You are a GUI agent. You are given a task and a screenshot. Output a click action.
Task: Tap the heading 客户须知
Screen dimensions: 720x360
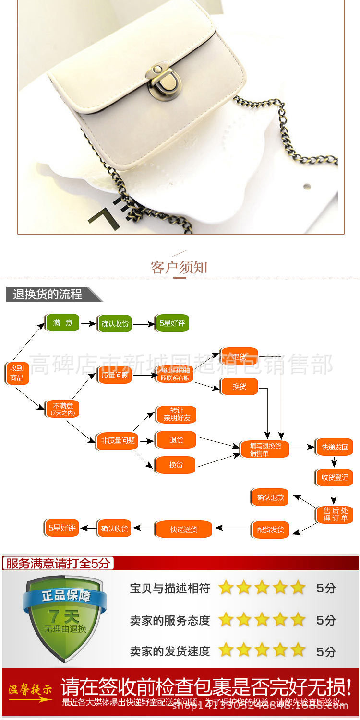coord(179,267)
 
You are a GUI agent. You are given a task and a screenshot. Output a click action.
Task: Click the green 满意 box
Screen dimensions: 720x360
coord(62,323)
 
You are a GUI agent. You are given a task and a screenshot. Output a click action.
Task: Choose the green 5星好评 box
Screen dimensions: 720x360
coord(172,323)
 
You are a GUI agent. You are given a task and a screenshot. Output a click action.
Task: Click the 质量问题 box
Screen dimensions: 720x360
coord(115,375)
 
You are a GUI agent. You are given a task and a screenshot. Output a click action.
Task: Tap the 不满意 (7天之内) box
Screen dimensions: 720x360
coord(62,409)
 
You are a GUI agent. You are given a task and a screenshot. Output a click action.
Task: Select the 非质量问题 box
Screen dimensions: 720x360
coord(117,440)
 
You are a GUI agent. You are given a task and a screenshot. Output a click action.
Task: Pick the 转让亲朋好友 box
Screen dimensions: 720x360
coord(176,414)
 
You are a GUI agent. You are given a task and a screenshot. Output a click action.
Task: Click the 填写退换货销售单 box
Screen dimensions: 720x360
coord(265,449)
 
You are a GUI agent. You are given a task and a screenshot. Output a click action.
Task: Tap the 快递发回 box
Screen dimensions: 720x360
coord(334,447)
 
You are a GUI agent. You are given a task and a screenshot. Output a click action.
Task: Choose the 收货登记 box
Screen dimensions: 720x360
coord(334,477)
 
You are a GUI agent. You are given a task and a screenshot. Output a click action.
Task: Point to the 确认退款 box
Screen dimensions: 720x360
coord(270,497)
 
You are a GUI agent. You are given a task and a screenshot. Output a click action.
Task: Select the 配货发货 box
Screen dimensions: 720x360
coord(270,530)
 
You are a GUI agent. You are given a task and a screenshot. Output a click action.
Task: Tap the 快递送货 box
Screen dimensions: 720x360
coord(183,530)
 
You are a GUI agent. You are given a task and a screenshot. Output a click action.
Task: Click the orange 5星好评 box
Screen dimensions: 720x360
coord(61,528)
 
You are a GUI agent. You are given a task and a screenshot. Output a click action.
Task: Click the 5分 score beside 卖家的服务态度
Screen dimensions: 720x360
coord(326,620)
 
